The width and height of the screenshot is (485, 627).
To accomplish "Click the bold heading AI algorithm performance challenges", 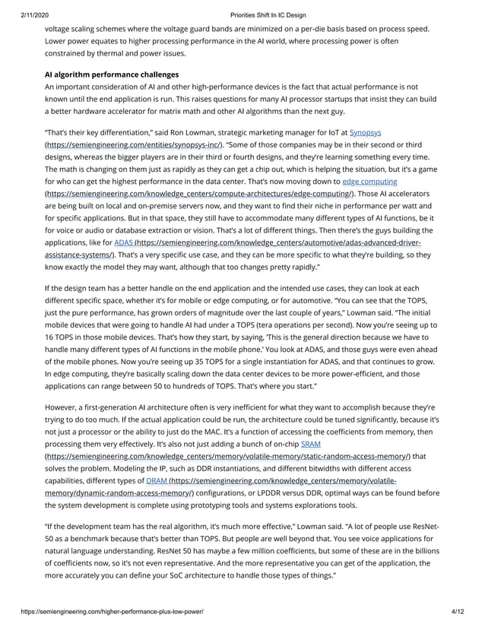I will [112, 74].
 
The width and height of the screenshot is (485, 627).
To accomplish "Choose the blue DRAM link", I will [157, 480].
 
